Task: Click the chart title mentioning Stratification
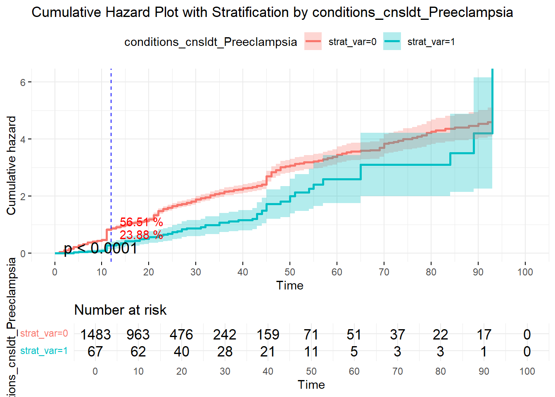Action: tap(272, 12)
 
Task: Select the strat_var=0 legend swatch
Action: tap(313, 41)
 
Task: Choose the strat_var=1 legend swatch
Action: tap(392, 41)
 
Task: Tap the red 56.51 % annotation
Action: tap(141, 222)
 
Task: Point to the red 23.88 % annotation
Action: tap(141, 235)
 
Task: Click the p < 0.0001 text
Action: tap(100, 248)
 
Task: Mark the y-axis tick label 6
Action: tap(23, 82)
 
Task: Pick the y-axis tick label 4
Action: tap(23, 139)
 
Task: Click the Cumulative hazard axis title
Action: tap(11, 165)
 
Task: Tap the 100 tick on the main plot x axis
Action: tap(525, 272)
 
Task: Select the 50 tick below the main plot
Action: tap(290, 272)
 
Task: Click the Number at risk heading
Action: tap(120, 310)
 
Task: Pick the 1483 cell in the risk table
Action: tap(95, 334)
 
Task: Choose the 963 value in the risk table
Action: tap(138, 334)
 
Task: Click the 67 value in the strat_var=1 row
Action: tap(95, 352)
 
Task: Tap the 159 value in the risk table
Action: tap(268, 334)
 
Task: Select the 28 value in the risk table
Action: tap(225, 352)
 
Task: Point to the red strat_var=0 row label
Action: tap(44, 333)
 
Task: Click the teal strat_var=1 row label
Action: tap(44, 351)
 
